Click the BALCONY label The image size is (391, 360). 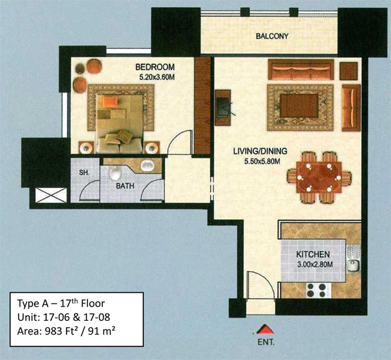[x=272, y=37]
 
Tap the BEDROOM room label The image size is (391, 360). [x=155, y=67]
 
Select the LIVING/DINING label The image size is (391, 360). [x=260, y=151]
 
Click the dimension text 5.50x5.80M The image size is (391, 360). [x=262, y=162]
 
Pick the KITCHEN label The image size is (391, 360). [x=313, y=254]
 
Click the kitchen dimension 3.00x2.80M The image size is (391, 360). [x=315, y=264]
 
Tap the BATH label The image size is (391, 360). [x=125, y=186]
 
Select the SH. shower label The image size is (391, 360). [x=84, y=172]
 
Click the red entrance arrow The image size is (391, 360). [x=266, y=329]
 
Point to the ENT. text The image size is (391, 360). [x=266, y=342]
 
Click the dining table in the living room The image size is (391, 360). [x=319, y=177]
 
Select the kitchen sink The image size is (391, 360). [x=354, y=265]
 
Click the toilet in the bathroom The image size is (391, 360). [x=115, y=173]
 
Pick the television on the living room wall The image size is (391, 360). [x=223, y=107]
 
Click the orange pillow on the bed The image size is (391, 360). [x=110, y=101]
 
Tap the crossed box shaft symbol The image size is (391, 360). [x=51, y=195]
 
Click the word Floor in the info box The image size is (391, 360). [x=93, y=303]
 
